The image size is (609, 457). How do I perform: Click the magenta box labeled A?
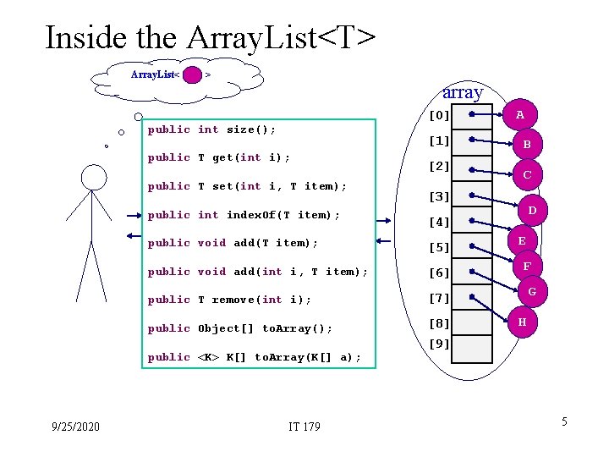(x=521, y=114)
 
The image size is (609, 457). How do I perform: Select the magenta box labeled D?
(x=532, y=210)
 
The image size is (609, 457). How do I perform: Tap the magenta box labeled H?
(x=522, y=322)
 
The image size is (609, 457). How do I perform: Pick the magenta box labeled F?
(x=527, y=267)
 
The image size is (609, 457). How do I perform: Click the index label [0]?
(x=439, y=115)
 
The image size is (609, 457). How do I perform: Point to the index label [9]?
(x=439, y=344)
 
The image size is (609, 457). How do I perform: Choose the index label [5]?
(x=439, y=248)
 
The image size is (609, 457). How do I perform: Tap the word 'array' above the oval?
(x=463, y=91)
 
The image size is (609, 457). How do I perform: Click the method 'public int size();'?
(x=211, y=129)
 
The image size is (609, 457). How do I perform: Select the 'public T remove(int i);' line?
(x=229, y=300)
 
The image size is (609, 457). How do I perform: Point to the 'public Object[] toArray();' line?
(x=239, y=328)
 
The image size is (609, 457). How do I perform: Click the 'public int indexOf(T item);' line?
(x=244, y=215)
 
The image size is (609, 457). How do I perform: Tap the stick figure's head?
(x=93, y=177)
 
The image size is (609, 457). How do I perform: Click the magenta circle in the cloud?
(x=193, y=75)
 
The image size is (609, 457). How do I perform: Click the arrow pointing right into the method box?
(x=131, y=215)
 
